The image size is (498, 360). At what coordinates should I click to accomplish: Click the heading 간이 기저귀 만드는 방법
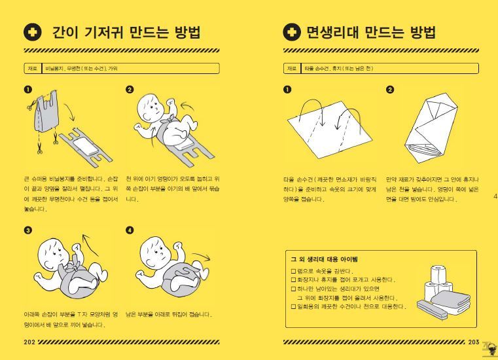126,33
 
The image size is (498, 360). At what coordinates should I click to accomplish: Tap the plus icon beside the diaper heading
32,33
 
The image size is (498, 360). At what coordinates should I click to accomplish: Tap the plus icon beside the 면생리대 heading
292,33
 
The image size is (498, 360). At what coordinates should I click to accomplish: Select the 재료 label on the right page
292,68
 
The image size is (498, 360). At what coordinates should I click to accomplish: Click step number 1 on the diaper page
27,90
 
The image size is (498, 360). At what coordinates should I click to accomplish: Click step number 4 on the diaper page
130,230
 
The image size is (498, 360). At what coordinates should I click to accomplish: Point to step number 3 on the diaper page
27,230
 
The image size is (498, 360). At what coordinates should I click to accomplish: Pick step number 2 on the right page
390,90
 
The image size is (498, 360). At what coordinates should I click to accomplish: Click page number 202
29,342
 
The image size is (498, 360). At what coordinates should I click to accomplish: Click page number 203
474,342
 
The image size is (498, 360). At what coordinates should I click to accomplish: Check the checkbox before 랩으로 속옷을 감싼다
293,271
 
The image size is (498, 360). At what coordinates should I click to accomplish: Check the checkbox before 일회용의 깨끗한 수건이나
293,306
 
